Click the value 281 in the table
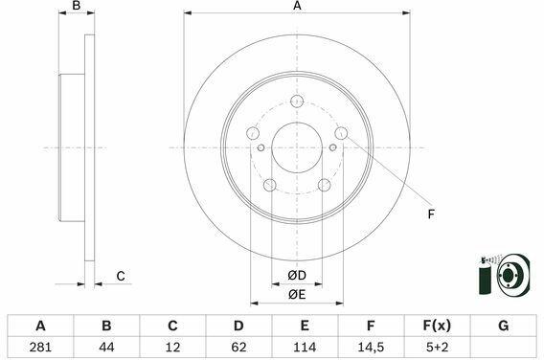click(x=40, y=347)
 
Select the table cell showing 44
click(x=106, y=347)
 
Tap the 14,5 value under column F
click(x=371, y=347)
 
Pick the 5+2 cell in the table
click(x=437, y=347)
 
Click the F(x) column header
click(x=437, y=326)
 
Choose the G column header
click(x=503, y=326)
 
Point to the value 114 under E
click(x=305, y=347)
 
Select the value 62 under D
click(x=238, y=347)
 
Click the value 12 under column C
click(x=172, y=347)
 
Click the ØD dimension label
click(x=297, y=276)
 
